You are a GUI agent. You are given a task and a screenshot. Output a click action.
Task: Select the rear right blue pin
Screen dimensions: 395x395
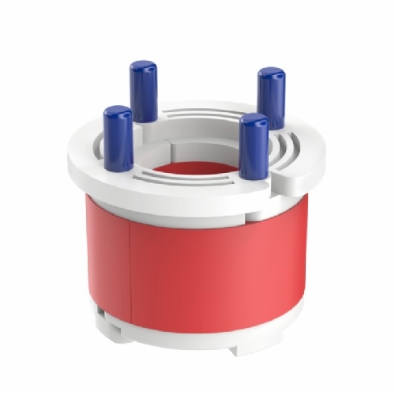[x=271, y=98]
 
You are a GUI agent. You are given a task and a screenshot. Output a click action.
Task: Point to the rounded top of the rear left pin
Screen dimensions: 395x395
[x=143, y=66]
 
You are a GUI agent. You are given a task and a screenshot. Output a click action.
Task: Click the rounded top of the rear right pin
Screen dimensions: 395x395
[x=271, y=73]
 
